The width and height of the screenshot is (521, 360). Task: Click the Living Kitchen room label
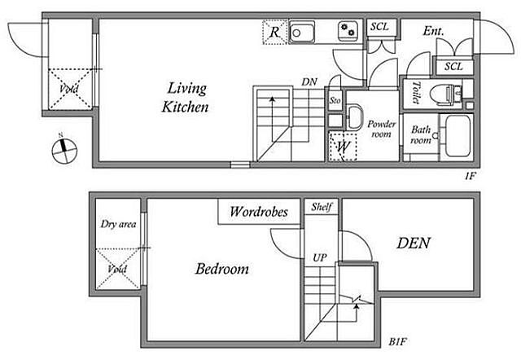point(186,98)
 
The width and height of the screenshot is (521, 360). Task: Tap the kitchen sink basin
point(302,32)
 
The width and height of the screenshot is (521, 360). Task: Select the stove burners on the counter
point(348,31)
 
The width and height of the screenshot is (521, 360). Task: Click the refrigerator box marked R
point(274,32)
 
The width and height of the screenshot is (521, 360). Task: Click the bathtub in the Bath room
point(458,136)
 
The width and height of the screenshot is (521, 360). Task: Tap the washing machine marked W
point(343,147)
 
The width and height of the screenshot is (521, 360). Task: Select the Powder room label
point(382,129)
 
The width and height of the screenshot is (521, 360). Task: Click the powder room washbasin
point(354,117)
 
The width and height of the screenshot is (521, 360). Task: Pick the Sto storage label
point(335,99)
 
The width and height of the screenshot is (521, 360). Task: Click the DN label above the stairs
point(309,81)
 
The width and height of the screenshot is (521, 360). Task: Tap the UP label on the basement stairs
point(320,257)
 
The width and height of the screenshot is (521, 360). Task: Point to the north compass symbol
point(64,150)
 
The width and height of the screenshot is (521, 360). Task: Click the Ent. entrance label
point(433,31)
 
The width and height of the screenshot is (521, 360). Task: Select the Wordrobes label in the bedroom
point(259,212)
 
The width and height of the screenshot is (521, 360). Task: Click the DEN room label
point(414,243)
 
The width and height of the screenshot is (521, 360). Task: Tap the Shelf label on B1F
point(322,207)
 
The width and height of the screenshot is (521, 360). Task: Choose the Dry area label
point(118,224)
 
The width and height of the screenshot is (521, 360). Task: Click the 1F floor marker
point(471,176)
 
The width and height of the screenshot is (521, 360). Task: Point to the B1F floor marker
point(398,341)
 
